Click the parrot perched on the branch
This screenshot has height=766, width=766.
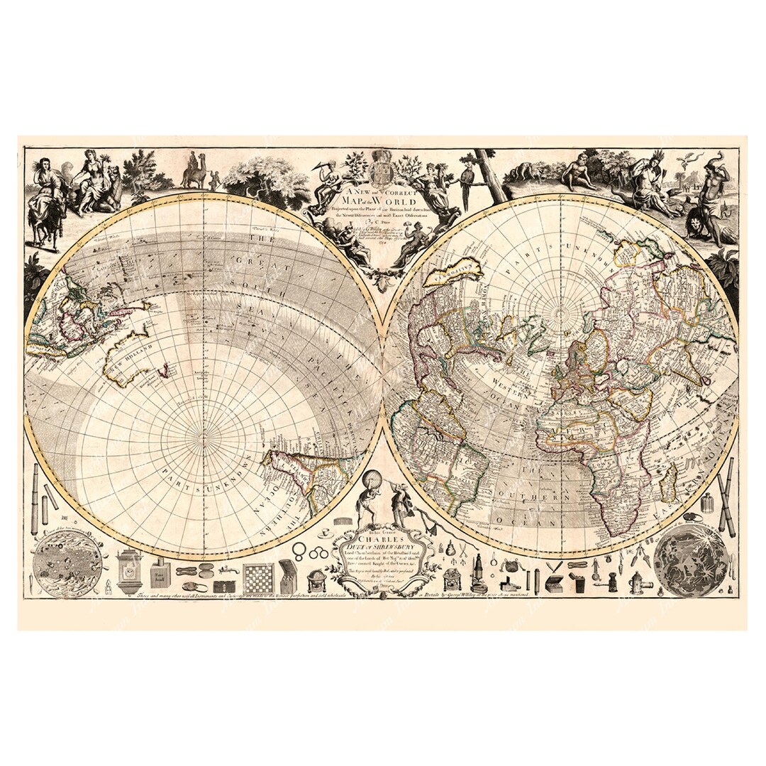click(x=466, y=183)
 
